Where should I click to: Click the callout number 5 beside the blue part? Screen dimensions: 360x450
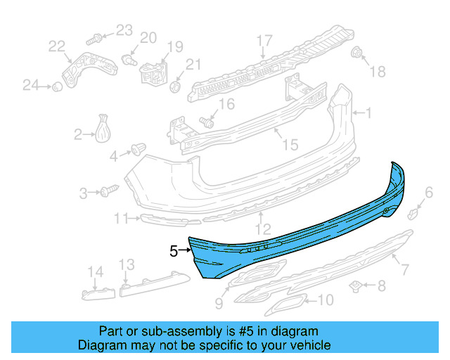coord(174,250)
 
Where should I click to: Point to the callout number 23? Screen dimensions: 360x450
coord(124,30)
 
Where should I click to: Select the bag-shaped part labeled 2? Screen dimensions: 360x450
coord(103,131)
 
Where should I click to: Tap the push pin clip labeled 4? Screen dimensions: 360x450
coord(138,149)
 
